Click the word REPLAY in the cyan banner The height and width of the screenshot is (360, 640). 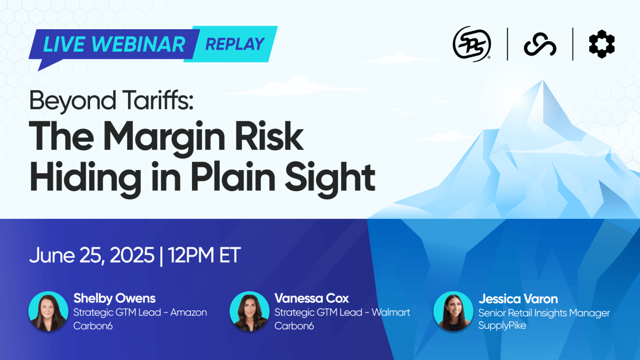coord(235,44)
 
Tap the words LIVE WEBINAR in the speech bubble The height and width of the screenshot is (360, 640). coord(114,45)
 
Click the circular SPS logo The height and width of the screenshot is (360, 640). coord(472,44)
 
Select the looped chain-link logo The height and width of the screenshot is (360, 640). coord(540,45)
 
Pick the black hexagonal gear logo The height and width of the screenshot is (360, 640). coord(602,44)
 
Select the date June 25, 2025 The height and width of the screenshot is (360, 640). coord(92,255)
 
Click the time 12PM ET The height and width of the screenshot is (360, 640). coord(205,255)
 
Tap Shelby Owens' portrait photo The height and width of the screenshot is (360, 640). coord(48,311)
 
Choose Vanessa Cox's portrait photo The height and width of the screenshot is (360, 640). coord(250,311)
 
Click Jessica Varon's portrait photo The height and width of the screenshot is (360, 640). coord(453,311)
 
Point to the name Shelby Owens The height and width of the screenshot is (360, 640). coord(115,298)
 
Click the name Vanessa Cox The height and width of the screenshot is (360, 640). coord(312,298)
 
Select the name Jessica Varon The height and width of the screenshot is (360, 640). coord(518,299)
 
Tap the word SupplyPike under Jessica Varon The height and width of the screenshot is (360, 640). coord(502,325)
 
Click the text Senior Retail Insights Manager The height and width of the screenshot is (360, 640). coord(544,313)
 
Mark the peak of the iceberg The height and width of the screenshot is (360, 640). coord(543,81)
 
